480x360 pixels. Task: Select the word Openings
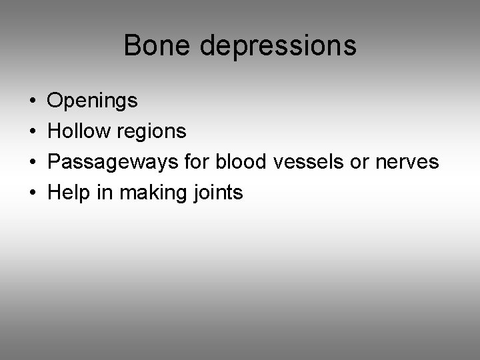(93, 101)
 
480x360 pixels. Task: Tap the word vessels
(295, 162)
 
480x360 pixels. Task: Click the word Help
(68, 193)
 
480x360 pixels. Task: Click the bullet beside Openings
(33, 101)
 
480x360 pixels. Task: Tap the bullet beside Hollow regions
(33, 132)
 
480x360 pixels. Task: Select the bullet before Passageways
(33, 163)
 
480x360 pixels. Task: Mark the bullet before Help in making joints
(33, 193)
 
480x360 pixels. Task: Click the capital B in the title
(131, 46)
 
